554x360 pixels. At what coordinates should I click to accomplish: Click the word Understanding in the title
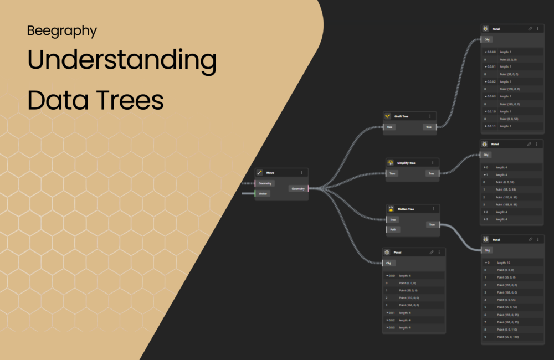click(121, 61)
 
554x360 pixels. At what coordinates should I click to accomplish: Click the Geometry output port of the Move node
click(298, 188)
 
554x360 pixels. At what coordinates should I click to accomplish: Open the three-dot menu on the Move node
click(301, 172)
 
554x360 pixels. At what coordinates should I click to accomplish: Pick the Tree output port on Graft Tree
click(428, 127)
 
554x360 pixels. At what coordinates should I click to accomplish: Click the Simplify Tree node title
click(406, 163)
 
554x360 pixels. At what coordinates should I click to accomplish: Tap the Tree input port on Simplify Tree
click(392, 173)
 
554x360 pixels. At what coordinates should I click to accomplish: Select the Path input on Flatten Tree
click(392, 229)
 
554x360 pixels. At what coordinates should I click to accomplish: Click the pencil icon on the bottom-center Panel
click(432, 252)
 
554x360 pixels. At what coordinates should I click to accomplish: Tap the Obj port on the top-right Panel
click(487, 39)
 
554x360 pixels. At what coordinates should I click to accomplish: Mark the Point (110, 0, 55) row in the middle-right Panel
click(511, 197)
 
